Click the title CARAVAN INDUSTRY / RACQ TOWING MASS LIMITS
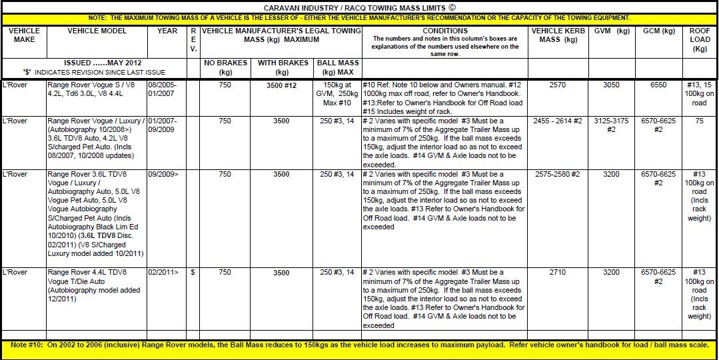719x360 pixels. pos(359,7)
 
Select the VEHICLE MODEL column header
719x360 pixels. pos(97,31)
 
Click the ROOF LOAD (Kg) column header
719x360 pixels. pos(700,39)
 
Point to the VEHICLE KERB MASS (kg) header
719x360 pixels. pos(556,35)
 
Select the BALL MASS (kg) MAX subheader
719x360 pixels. pos(340,67)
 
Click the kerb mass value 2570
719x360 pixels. pos(556,86)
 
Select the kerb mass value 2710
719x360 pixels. pos(556,273)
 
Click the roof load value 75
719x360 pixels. pos(700,121)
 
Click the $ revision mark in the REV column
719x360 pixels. pos(193,273)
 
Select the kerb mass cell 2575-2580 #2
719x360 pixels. pos(556,174)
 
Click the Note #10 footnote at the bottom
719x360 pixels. pos(359,345)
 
